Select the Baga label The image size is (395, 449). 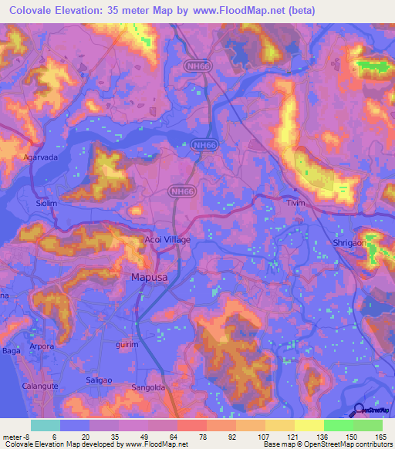coord(11,351)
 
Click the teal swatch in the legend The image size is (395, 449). coord(46,425)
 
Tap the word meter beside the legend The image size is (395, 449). coord(14,436)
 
